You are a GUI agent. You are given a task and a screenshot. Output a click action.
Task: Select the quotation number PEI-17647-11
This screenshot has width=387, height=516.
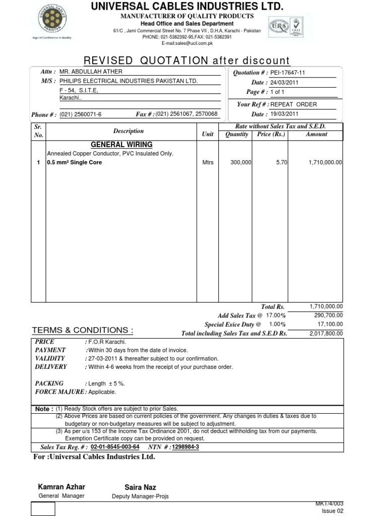(x=288, y=73)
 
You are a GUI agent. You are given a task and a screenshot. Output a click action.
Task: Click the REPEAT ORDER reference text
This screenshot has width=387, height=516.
(x=294, y=104)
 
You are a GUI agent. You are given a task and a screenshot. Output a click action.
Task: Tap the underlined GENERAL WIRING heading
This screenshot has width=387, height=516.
(x=121, y=145)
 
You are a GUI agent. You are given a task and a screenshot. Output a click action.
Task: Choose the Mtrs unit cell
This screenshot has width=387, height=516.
(x=208, y=163)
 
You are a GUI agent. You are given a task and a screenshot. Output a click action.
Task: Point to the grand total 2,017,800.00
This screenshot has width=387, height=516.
(x=326, y=333)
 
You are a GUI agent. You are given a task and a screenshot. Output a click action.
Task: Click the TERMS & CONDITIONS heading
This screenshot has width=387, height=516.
(x=83, y=330)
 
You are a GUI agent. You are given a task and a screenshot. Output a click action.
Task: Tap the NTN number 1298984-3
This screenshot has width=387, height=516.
(x=185, y=447)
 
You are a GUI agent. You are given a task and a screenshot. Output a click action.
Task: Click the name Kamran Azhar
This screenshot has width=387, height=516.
(x=61, y=487)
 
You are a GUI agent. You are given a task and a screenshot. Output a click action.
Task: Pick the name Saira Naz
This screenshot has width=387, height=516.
(x=140, y=487)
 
